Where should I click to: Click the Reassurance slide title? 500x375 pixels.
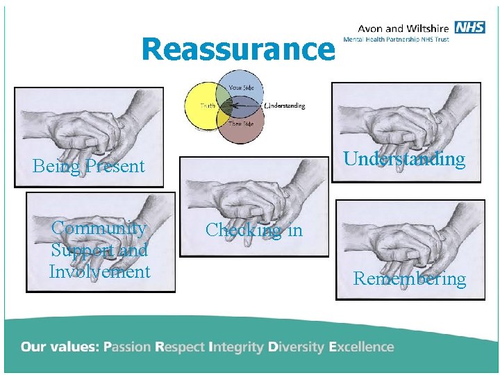[237, 49]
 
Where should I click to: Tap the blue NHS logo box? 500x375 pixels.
[470, 27]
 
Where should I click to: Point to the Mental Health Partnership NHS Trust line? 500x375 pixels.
[403, 40]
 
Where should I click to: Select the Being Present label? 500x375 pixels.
[89, 166]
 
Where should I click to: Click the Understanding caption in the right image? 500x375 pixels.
[404, 159]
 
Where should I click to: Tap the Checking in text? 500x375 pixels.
[254, 230]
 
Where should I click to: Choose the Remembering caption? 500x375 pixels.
[410, 279]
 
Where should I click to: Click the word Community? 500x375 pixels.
[99, 228]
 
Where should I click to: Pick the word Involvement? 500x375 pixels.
[99, 272]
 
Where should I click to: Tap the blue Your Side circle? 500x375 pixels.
[238, 87]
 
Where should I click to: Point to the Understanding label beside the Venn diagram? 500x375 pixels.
[285, 106]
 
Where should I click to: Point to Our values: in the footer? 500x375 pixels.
[60, 347]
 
